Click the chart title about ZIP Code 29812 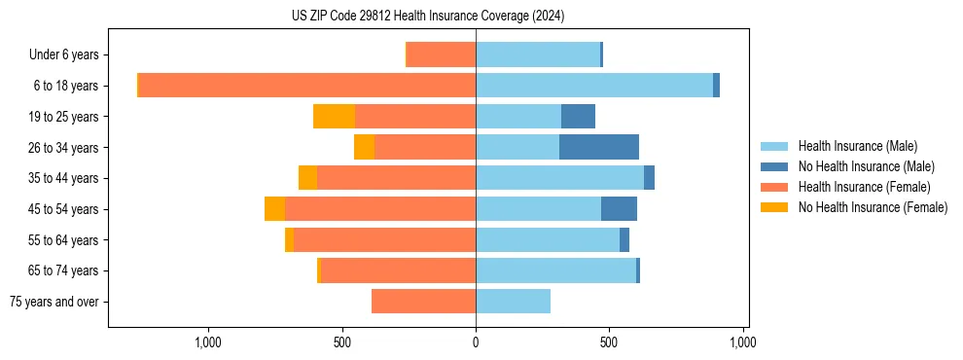pos(428,17)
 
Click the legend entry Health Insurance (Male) pos(857,146)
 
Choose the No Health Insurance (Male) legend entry pos(866,166)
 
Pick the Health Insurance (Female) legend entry pos(864,187)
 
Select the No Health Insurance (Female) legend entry pos(873,207)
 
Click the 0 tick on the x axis pos(476,342)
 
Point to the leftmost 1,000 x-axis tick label pos(208,342)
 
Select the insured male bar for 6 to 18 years pos(594,86)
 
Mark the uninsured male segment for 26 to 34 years pos(599,147)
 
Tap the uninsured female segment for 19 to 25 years pos(334,117)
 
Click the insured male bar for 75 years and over pos(513,302)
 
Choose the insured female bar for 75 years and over pos(423,302)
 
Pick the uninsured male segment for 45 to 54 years pos(619,209)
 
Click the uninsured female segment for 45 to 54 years pos(274,209)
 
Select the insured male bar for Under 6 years pos(538,54)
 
